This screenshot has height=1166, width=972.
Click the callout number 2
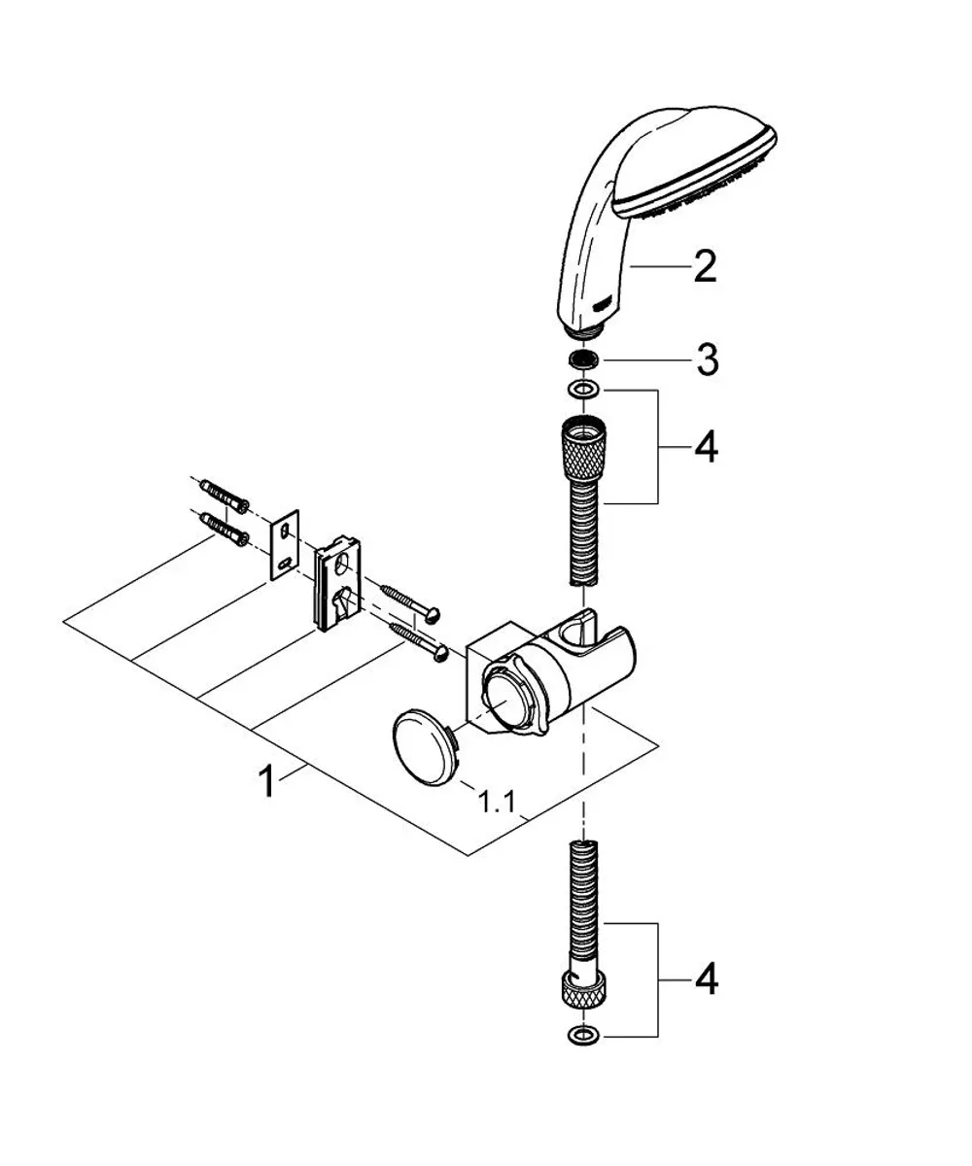point(705,267)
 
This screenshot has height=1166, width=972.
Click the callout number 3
point(708,360)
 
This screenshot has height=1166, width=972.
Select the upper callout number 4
point(706,447)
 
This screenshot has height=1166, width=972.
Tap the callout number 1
point(267,782)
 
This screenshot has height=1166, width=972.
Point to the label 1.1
point(497,803)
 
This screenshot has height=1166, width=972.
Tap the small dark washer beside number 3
point(584,360)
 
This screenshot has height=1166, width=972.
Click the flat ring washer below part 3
point(584,390)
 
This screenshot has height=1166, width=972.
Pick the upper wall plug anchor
point(224,495)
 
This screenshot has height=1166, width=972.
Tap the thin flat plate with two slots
point(285,544)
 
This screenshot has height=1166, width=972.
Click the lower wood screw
point(420,642)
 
